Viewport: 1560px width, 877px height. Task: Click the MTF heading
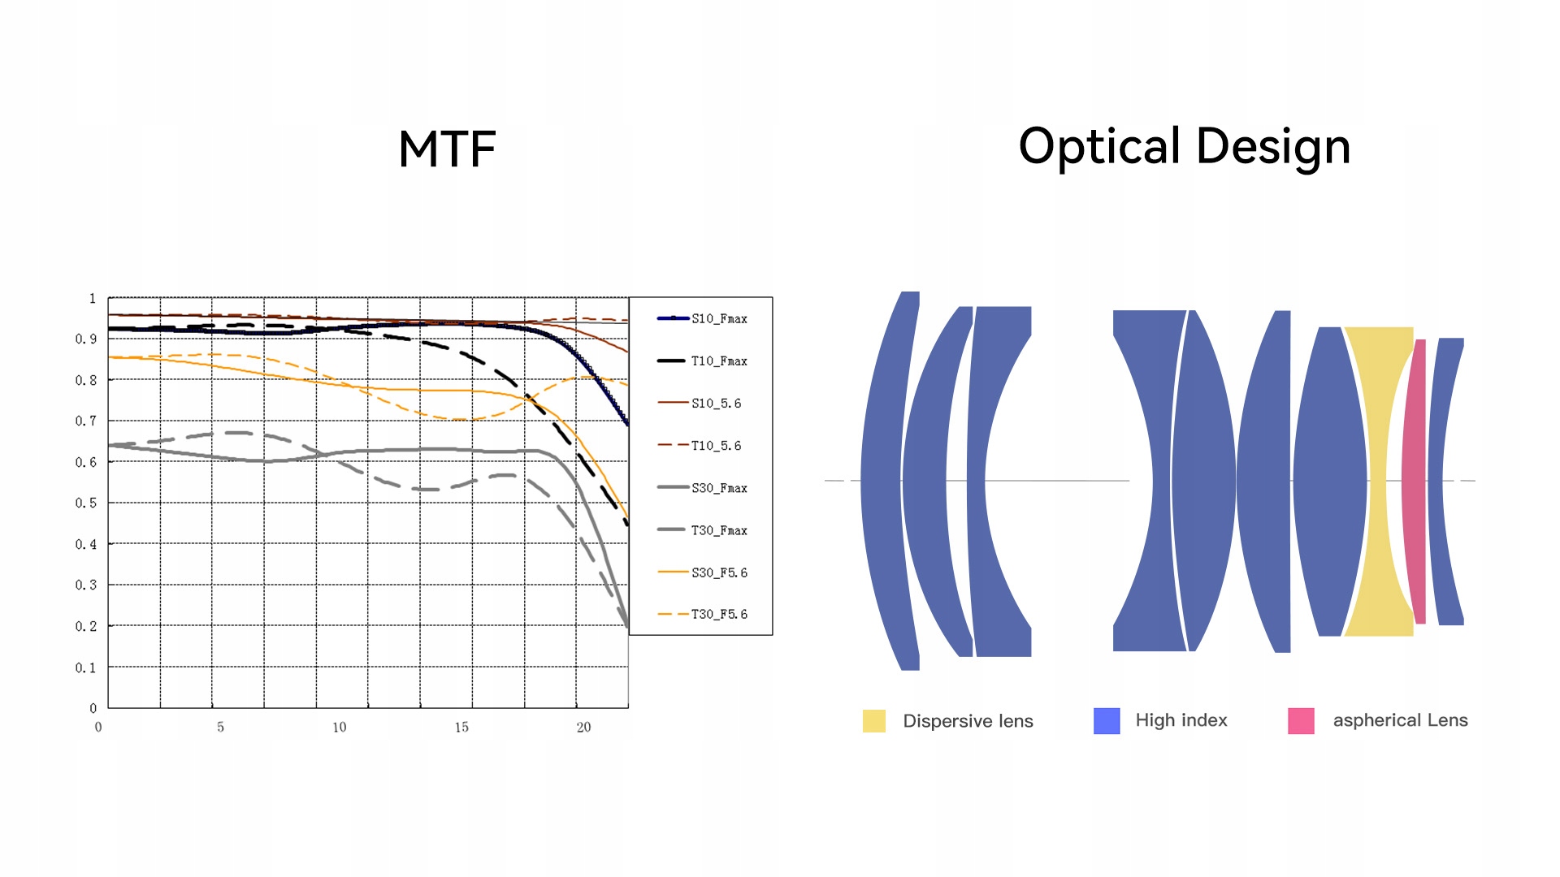[447, 149]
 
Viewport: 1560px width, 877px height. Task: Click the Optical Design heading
[1184, 147]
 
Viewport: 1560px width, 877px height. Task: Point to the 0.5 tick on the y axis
[86, 503]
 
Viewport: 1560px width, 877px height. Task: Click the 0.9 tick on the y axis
[86, 339]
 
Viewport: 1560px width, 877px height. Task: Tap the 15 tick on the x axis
[461, 728]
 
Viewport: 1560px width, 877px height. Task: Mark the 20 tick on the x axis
[583, 728]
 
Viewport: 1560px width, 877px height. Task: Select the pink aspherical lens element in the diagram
[1415, 481]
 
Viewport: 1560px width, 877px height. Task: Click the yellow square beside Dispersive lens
[873, 721]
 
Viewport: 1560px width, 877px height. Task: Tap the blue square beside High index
[1107, 721]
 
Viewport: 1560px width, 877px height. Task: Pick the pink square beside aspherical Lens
[1301, 721]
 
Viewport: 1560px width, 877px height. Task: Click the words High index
[1181, 720]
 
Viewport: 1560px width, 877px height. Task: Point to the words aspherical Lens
[1400, 720]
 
